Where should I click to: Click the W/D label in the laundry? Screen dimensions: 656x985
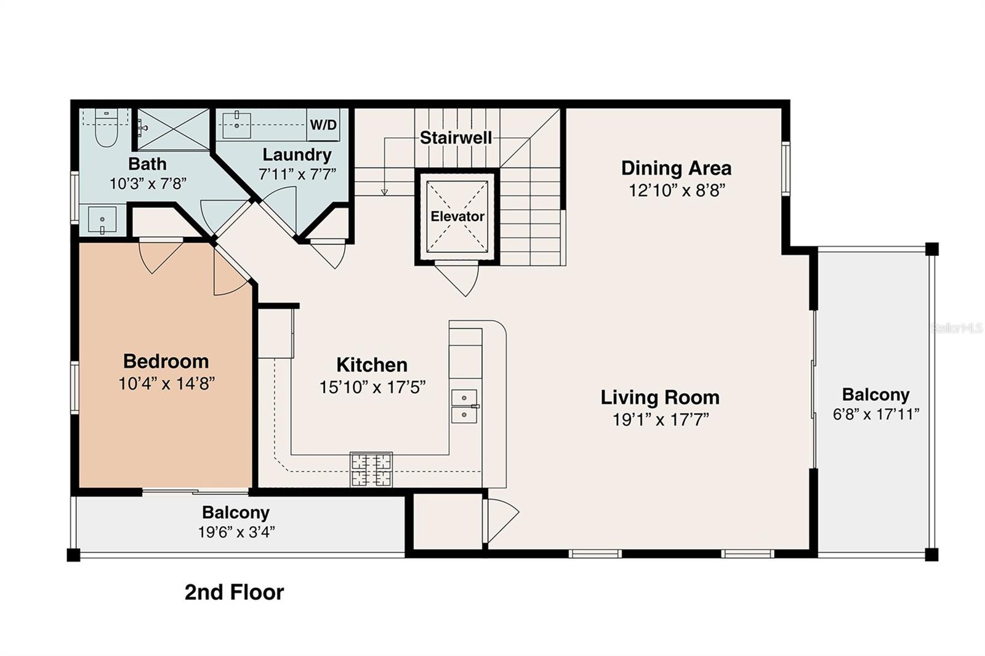323,125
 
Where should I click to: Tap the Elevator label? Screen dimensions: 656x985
457,216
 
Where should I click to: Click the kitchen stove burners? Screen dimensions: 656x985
371,470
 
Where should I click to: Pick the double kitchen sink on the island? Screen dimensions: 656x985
464,406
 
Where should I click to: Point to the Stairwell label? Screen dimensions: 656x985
456,138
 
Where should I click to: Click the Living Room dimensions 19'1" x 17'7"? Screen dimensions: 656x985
661,420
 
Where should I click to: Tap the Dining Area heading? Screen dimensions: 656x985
676,168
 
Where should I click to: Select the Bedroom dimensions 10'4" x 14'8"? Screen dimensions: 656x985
166,384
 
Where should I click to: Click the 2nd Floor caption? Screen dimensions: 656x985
234,592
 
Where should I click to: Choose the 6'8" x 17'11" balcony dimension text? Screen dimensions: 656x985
875,414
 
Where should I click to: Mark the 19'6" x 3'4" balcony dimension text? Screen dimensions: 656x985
236,532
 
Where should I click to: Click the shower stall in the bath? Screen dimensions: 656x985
173,129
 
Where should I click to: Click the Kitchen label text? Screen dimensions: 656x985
372,365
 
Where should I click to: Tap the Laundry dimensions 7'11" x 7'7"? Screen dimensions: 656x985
297,175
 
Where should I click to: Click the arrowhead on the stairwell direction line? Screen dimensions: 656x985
384,192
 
